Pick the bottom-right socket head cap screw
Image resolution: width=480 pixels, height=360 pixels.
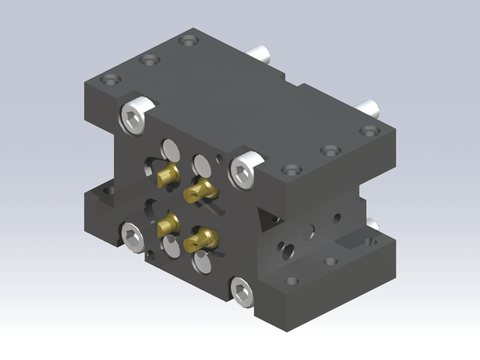[x=242, y=291]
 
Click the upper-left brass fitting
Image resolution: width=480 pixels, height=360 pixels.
[x=167, y=177]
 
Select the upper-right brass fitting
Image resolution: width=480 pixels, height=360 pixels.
[x=203, y=189]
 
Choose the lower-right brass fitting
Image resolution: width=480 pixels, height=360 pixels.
[x=202, y=239]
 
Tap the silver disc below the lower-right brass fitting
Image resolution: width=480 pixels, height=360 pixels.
[x=205, y=262]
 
